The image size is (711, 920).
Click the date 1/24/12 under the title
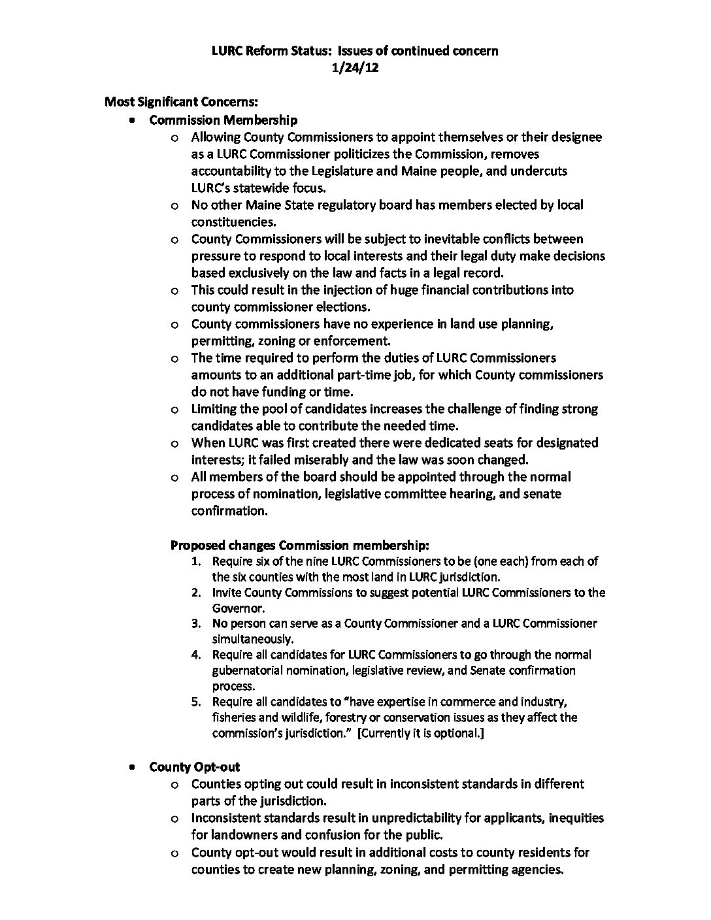(355, 67)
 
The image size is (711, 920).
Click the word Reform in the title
(273, 50)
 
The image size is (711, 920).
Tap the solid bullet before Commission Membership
(133, 120)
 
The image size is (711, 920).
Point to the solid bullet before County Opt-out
(133, 767)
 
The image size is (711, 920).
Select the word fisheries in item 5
(235, 717)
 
